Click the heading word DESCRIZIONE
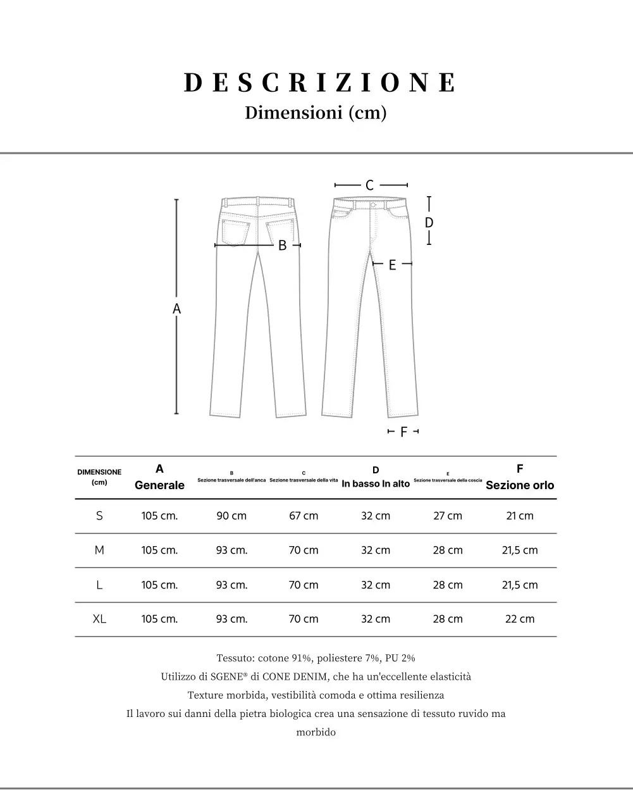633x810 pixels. [319, 83]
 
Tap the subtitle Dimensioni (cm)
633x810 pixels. [316, 113]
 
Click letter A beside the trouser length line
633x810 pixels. [177, 309]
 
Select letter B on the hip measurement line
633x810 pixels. [283, 246]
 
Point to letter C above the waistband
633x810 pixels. [370, 185]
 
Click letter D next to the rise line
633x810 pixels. [429, 223]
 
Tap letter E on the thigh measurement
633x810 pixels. [392, 265]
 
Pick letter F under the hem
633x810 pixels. [403, 432]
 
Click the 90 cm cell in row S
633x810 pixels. [231, 516]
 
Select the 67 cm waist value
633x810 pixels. [304, 516]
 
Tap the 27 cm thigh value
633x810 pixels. [448, 516]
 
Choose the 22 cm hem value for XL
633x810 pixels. [520, 619]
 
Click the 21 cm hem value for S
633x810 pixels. [520, 516]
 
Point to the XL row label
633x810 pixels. [99, 619]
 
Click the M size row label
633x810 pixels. [99, 550]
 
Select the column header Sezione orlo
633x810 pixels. [520, 485]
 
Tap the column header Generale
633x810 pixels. [159, 485]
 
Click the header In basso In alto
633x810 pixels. [376, 484]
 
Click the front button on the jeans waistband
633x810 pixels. [373, 204]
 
